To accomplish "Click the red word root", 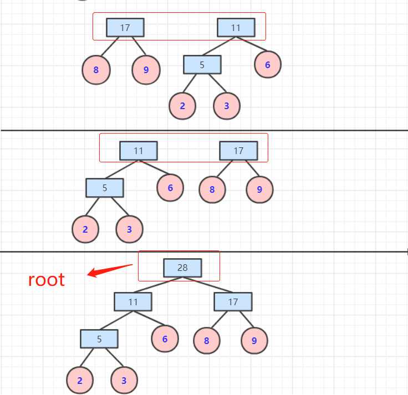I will point(47,280).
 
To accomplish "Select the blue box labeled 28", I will point(182,268).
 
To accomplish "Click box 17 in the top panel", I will point(125,27).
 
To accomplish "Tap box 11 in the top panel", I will point(236,27).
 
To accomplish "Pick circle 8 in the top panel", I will point(96,70).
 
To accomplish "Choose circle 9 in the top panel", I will point(146,70).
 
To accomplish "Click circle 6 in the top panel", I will point(268,65).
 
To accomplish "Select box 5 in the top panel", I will point(202,65).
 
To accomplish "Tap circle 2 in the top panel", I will point(182,106).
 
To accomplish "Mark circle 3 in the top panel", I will point(226,106).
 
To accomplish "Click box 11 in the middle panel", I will point(139,151).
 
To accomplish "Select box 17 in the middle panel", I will point(238,151).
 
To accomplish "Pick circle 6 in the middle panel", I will point(170,188).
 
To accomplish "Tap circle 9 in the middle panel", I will point(259,189).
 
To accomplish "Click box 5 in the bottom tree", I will point(99,339).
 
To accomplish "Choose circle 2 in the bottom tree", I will point(80,381).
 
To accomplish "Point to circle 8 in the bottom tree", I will point(207,340).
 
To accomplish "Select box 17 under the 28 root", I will point(233,302).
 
